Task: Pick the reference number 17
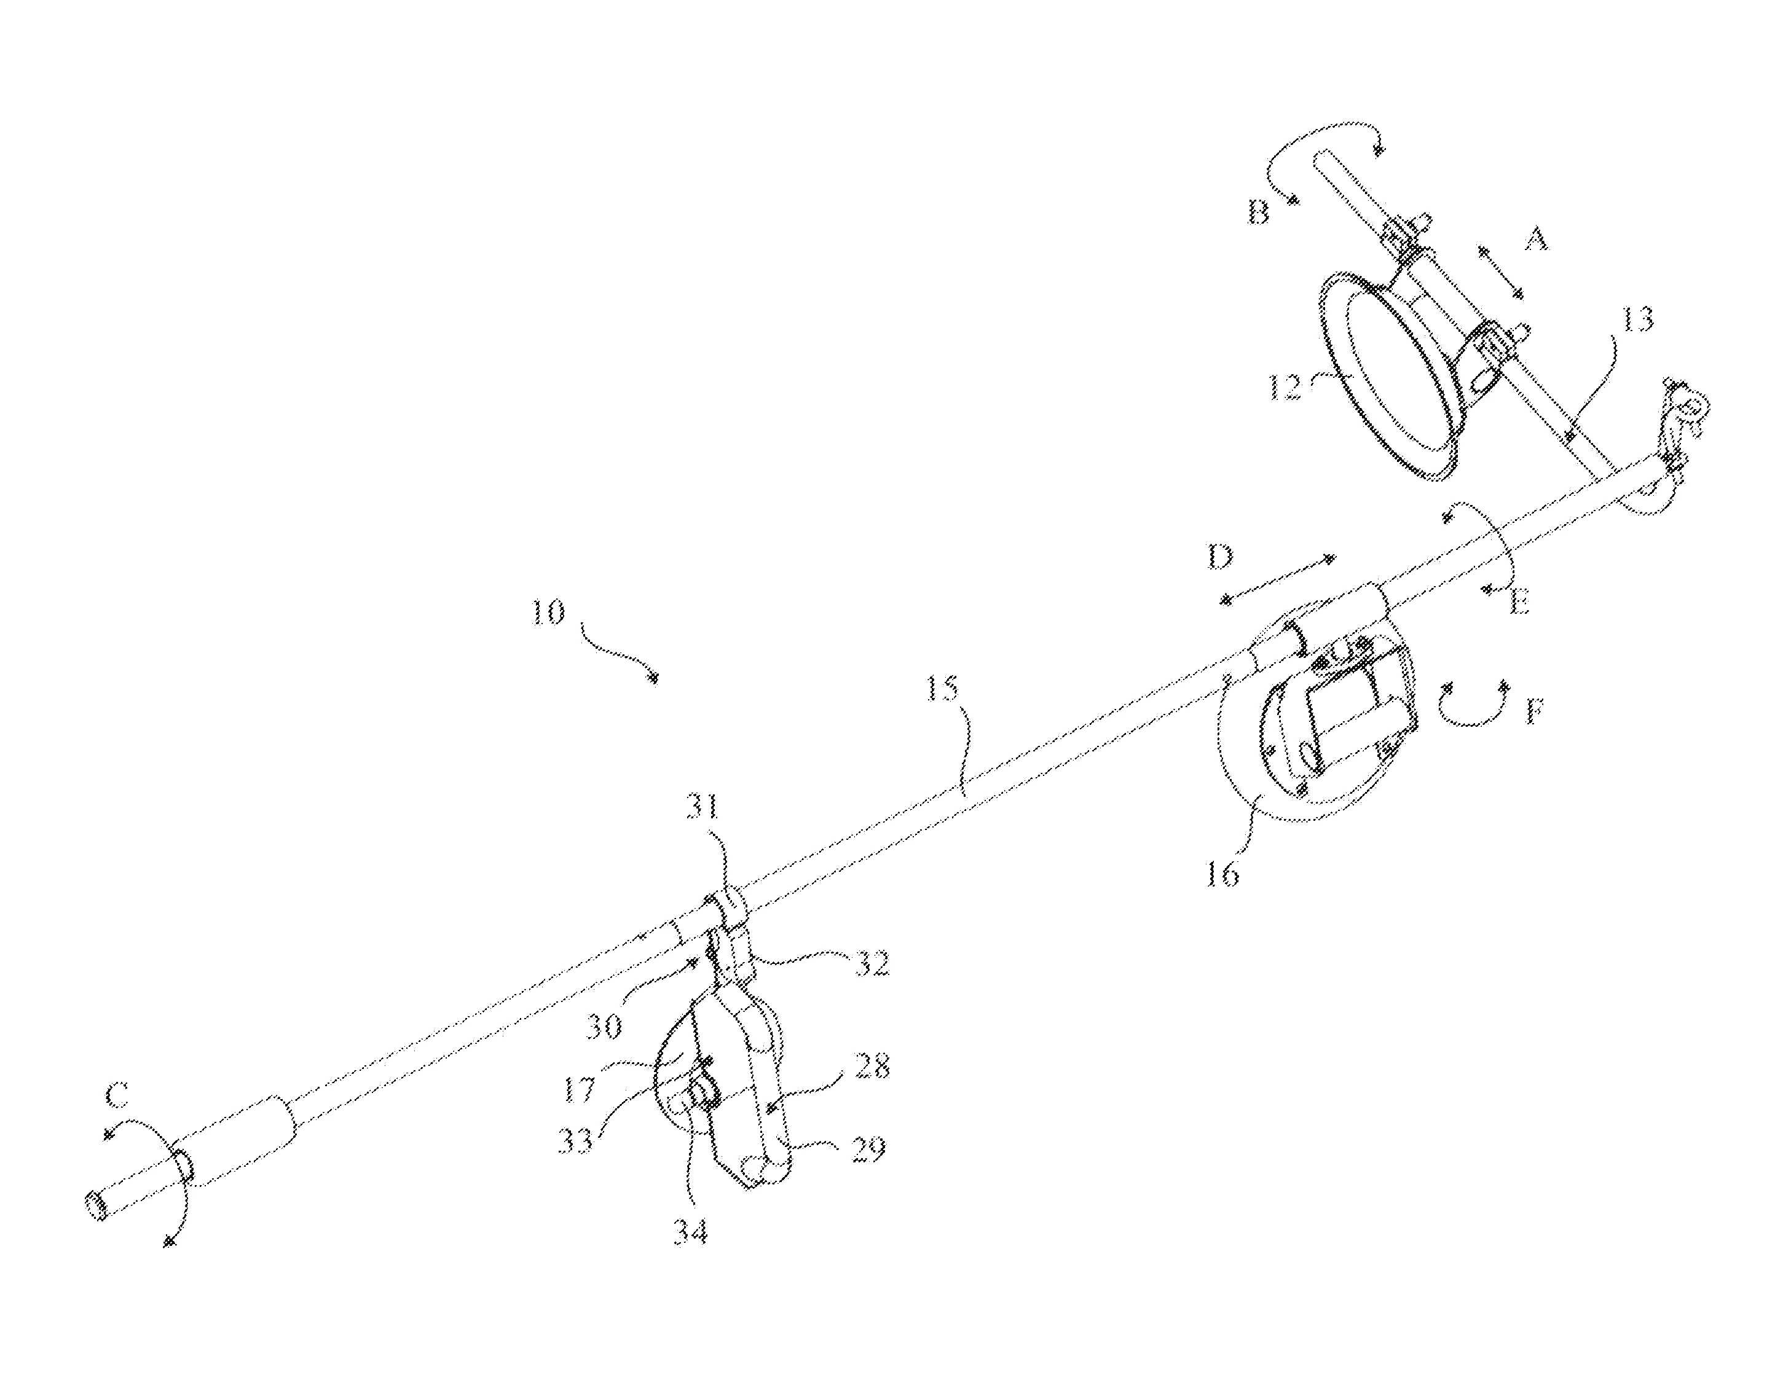click(580, 1089)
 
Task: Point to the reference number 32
click(870, 963)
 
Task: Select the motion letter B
click(1258, 213)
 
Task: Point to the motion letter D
click(1220, 557)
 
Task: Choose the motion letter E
click(1518, 603)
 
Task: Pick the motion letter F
click(1533, 713)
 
